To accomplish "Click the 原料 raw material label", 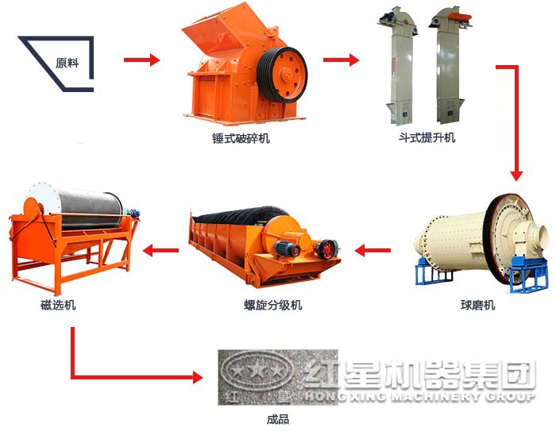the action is (x=67, y=63).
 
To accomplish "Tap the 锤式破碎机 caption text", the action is (x=241, y=138).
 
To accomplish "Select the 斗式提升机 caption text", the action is (x=427, y=137).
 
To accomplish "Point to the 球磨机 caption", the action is (x=477, y=305).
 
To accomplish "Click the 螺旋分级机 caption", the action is (x=273, y=305).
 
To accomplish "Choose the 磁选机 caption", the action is (x=58, y=305).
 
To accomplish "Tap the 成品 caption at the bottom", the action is (x=278, y=420).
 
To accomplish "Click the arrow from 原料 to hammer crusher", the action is (x=142, y=60).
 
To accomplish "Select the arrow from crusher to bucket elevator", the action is (x=341, y=60).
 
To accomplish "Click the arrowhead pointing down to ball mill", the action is (x=516, y=175).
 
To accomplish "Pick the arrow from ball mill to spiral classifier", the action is (x=373, y=250).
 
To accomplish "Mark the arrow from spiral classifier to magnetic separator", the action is (x=160, y=250).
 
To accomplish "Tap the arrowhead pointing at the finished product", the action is (x=198, y=377).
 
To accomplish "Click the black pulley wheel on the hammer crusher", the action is (x=282, y=75).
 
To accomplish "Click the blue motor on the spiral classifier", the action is (x=287, y=248).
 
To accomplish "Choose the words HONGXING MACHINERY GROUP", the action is (x=419, y=395).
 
